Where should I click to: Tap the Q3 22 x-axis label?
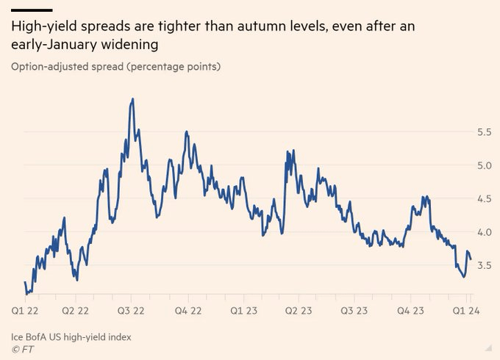pos(131,311)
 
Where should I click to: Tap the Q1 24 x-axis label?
pos(465,311)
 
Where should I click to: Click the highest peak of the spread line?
pos(132,98)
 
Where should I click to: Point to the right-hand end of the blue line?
pos(471,259)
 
